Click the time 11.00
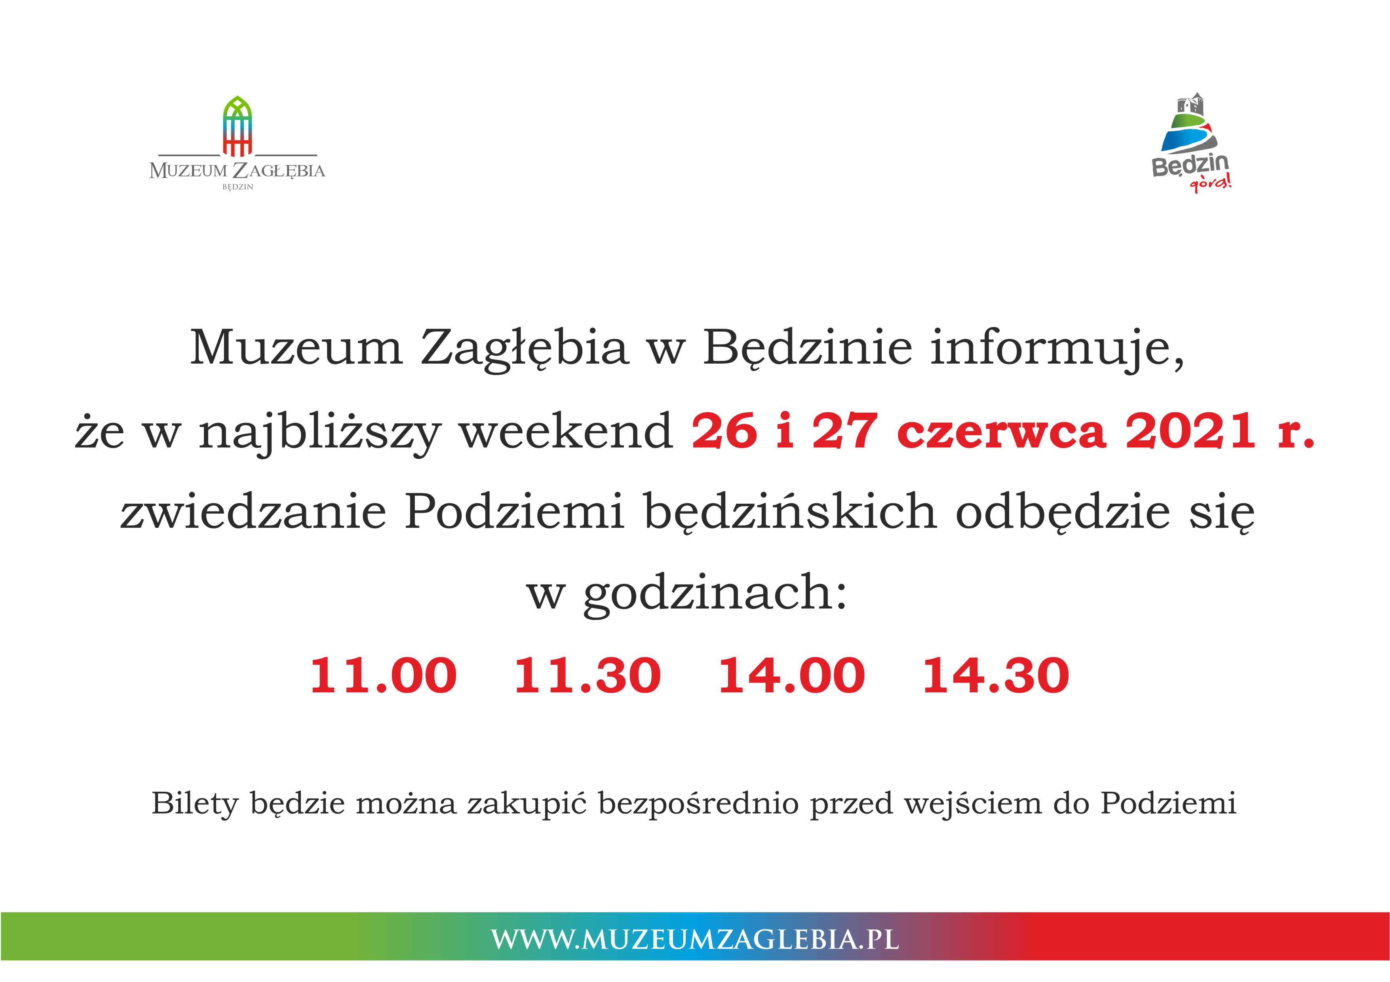(x=383, y=675)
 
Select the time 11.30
(x=587, y=675)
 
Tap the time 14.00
(x=791, y=675)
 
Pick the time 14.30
(x=996, y=675)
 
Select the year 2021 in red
(x=1190, y=431)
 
